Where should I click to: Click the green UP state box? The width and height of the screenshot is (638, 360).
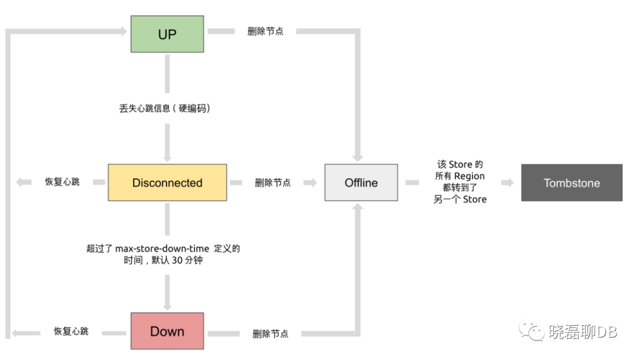167,34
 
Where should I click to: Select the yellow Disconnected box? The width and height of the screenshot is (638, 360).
167,183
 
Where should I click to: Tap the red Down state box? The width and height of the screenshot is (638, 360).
167,331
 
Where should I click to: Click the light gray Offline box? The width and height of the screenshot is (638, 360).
361,183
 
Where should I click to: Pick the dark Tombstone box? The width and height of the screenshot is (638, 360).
571,183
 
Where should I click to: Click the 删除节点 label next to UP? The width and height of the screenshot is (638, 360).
265,31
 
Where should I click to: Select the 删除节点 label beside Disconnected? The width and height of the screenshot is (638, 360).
273,183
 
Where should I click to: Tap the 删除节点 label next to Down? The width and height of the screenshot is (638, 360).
271,334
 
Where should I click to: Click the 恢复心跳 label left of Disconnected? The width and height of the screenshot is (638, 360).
62,182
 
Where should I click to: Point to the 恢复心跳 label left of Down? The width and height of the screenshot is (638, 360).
71,332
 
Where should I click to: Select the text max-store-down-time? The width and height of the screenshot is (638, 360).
158,249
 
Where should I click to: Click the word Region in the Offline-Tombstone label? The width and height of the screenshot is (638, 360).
469,176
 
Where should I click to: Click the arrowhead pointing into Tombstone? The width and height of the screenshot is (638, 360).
509,183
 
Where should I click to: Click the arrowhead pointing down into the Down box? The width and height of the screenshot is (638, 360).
167,306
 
